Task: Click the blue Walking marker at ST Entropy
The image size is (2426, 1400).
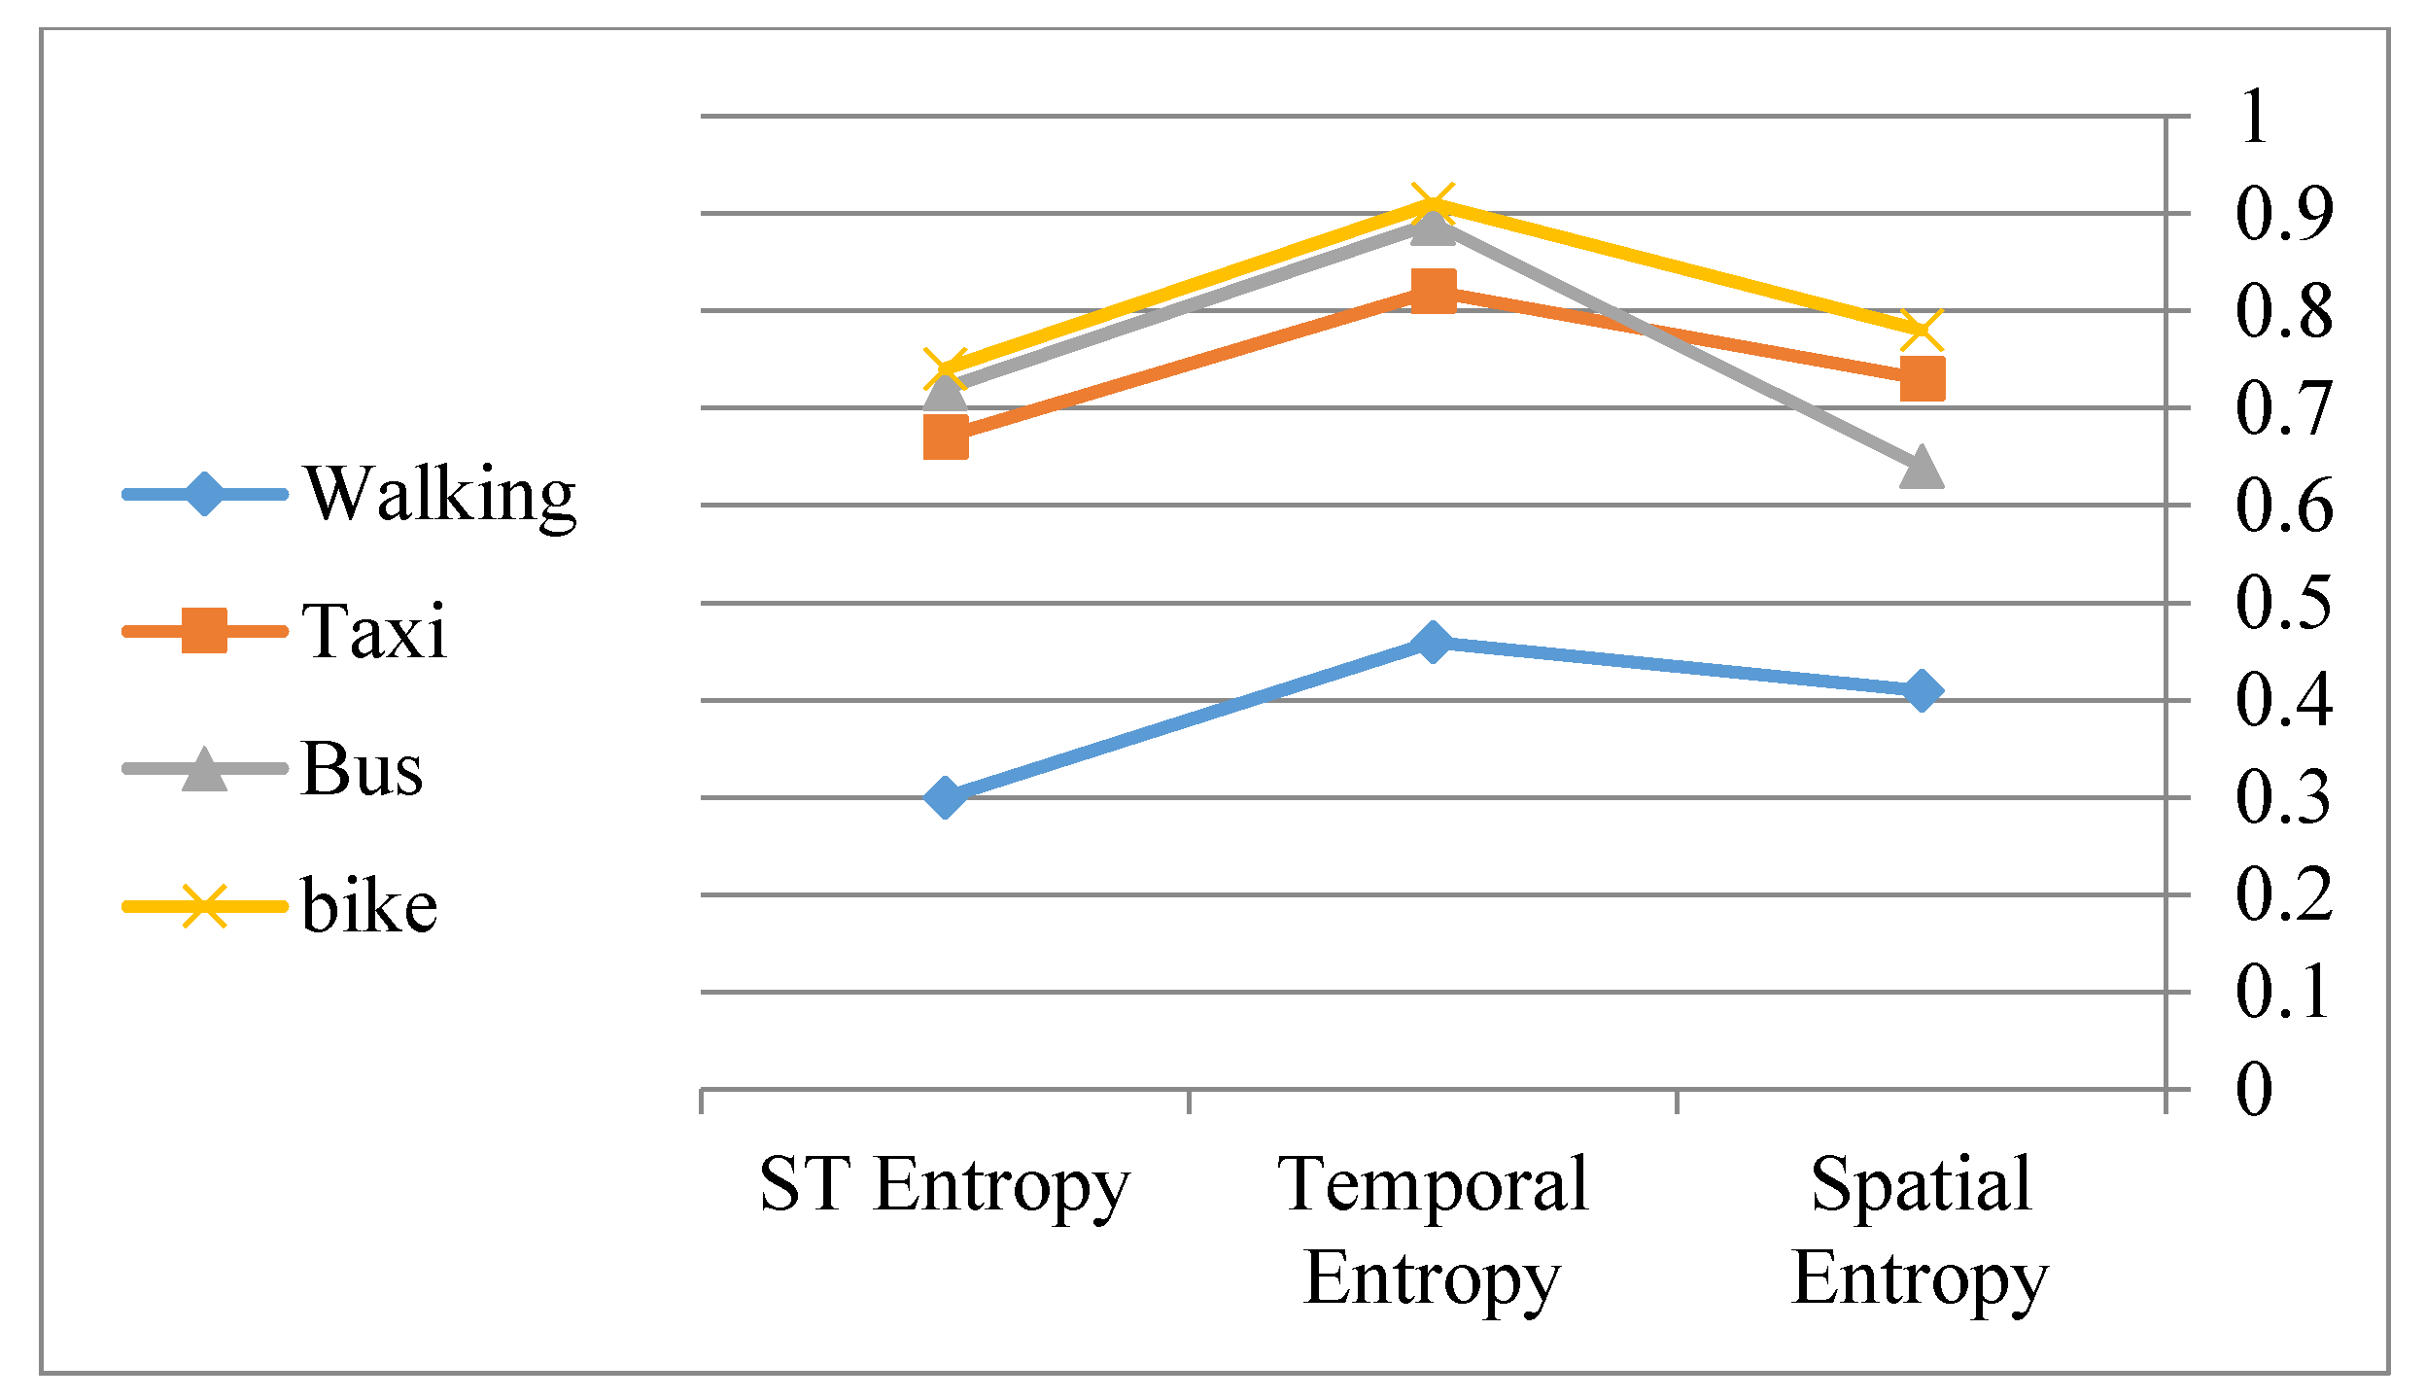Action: pyautogui.click(x=945, y=797)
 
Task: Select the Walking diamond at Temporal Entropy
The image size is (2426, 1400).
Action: pyautogui.click(x=1433, y=642)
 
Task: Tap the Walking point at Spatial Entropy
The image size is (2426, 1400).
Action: pyautogui.click(x=1922, y=691)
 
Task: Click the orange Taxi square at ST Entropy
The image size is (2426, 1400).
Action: pyautogui.click(x=945, y=437)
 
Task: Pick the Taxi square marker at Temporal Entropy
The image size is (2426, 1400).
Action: pyautogui.click(x=1433, y=291)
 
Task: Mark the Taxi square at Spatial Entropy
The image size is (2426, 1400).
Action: pyautogui.click(x=1922, y=378)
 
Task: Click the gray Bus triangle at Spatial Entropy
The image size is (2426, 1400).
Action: pyautogui.click(x=1922, y=468)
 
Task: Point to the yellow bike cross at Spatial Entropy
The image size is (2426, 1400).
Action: pyautogui.click(x=1922, y=331)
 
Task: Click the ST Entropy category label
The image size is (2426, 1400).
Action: pyautogui.click(x=945, y=1184)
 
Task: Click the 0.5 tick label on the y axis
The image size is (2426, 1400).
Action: pyautogui.click(x=2283, y=603)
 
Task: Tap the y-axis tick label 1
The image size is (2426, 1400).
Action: pyautogui.click(x=2255, y=117)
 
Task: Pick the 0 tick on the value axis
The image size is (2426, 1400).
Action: pyautogui.click(x=2255, y=1089)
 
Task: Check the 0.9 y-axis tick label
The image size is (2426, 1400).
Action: pyautogui.click(x=2283, y=213)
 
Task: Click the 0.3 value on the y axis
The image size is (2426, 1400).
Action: pyautogui.click(x=2283, y=797)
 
